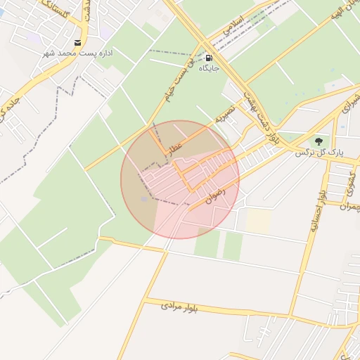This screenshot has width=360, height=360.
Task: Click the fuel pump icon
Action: (x=208, y=58)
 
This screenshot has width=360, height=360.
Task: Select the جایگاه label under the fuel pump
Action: (x=209, y=68)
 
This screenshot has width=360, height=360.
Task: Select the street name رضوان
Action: (x=215, y=195)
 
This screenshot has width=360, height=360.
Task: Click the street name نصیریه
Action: (x=224, y=113)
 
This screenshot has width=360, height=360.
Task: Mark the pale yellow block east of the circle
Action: (x=258, y=221)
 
